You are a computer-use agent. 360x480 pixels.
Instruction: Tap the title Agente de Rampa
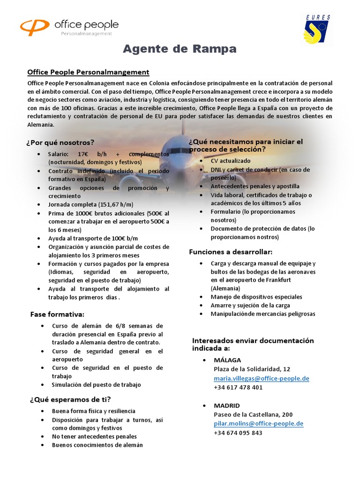tap(180, 49)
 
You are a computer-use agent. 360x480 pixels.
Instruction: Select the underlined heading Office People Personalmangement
tap(88, 72)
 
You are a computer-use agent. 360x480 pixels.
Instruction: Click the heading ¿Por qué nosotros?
tap(60, 142)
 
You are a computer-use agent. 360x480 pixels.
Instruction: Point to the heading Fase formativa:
tap(57, 314)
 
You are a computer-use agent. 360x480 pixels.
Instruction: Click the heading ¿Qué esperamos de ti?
tap(70, 399)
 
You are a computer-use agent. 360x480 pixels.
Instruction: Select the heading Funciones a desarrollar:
tap(230, 252)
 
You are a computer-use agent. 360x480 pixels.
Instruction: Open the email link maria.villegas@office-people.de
tap(261, 378)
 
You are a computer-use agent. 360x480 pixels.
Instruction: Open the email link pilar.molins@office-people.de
tap(258, 423)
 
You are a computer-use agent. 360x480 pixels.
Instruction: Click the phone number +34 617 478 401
tap(238, 387)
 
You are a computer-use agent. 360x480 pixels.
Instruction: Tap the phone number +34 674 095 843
tap(238, 433)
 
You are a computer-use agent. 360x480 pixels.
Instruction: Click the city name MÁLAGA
tap(227, 360)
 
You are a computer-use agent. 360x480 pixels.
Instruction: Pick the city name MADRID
tap(227, 405)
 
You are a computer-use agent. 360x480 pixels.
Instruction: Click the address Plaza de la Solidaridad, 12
tap(252, 369)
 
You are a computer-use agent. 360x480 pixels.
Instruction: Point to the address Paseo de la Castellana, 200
tap(253, 414)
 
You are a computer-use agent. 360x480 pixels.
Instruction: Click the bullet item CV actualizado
tap(231, 161)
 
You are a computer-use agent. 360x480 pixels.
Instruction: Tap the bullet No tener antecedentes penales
tap(94, 436)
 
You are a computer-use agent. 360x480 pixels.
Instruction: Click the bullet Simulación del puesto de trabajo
tap(96, 385)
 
